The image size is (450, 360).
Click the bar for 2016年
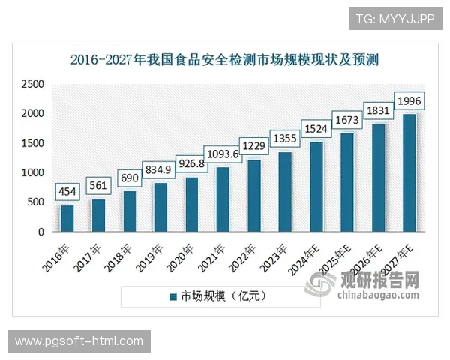point(67,218)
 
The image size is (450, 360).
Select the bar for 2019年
point(160,207)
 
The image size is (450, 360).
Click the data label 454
point(67,193)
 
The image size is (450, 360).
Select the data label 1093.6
point(223,154)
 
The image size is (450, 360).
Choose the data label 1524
point(316,128)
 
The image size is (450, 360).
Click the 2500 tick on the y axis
point(34,85)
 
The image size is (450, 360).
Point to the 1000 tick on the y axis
point(34,173)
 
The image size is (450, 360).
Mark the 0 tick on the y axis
point(42,232)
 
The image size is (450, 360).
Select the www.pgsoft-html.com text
point(79,341)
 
